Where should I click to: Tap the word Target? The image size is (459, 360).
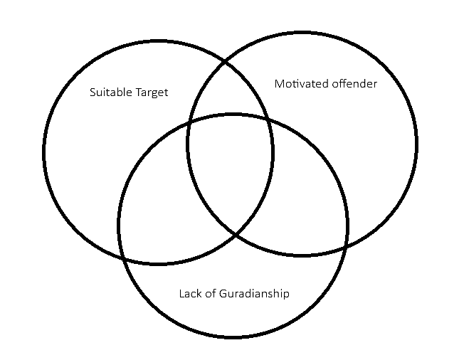[152, 93]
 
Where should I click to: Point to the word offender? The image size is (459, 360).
[354, 84]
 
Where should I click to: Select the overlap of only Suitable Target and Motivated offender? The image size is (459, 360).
[230, 92]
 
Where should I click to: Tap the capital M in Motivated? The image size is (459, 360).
[279, 84]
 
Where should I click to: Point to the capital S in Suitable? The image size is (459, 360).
[93, 92]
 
